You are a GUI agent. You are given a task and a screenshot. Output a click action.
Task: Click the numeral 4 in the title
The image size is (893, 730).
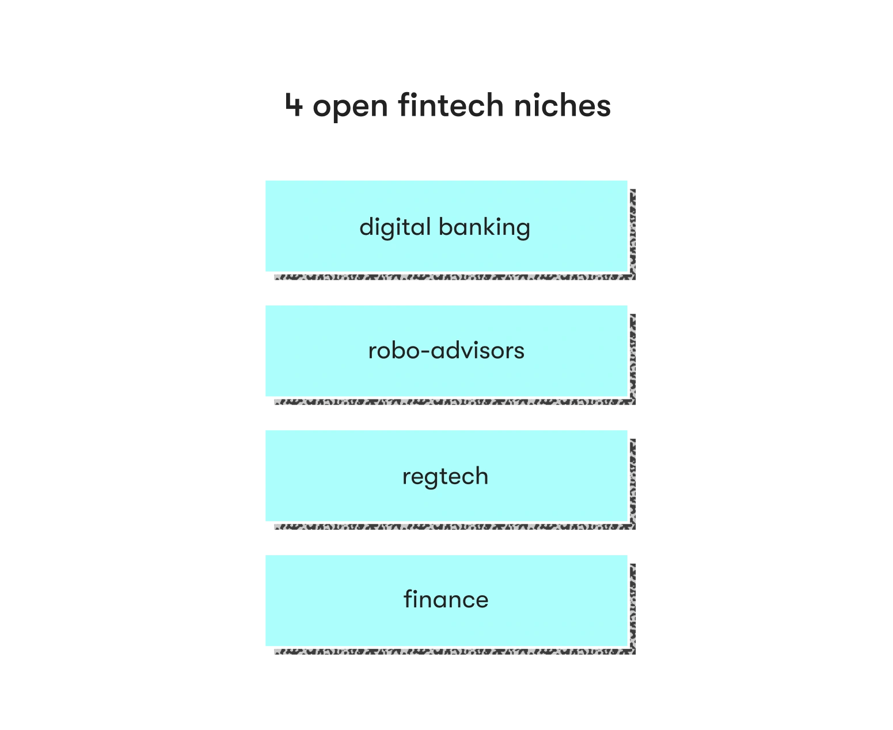294,105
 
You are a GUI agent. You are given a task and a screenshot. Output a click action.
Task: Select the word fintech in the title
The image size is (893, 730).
451,104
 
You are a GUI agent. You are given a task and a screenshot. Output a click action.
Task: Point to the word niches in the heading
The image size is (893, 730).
563,104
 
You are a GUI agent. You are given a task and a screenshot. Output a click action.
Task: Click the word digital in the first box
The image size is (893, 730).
395,228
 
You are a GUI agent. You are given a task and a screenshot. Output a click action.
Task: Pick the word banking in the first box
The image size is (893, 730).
484,228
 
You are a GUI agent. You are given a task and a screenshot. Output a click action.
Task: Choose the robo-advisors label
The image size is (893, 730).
446,351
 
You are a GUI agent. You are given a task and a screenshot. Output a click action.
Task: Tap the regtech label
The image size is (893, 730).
445,477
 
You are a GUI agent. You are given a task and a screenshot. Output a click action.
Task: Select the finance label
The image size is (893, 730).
446,599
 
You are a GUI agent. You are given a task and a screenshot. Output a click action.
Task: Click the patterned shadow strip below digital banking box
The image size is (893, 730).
455,277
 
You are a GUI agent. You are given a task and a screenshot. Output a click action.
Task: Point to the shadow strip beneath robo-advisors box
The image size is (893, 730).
455,401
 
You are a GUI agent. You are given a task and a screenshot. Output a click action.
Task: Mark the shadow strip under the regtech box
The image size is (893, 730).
455,526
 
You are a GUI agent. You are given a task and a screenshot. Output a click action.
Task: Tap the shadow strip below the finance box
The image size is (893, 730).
455,651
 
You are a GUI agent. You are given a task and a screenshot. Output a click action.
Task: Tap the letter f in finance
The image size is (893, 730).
408,598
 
